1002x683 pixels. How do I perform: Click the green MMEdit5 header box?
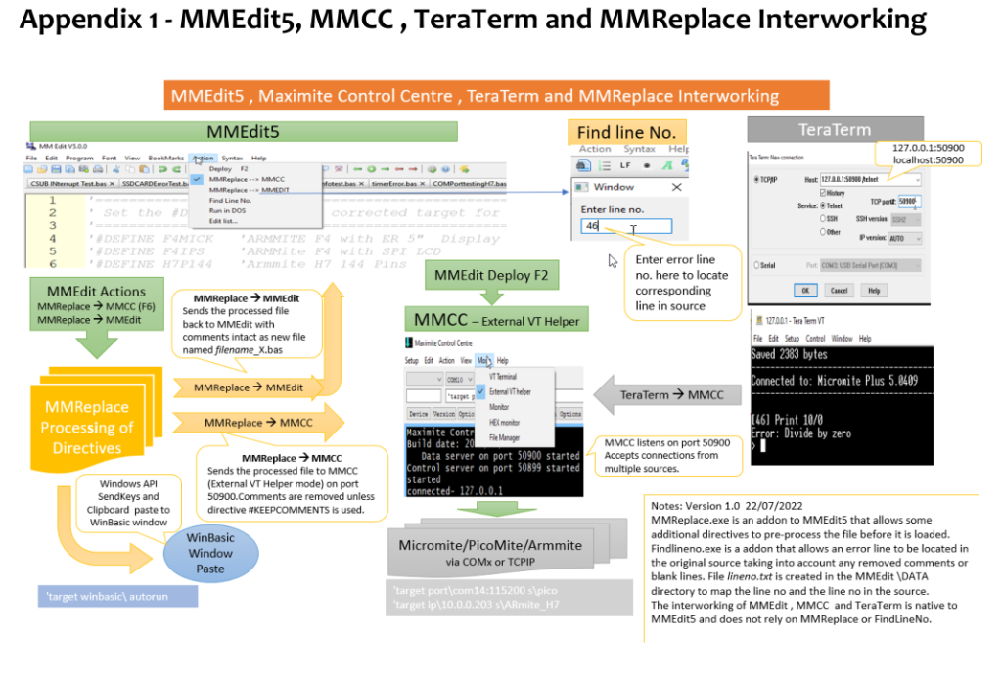(x=244, y=131)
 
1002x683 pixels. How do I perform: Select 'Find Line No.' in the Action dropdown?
(x=231, y=200)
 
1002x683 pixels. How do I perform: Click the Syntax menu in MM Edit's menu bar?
(x=232, y=158)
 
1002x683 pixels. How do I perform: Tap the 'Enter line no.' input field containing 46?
(x=626, y=226)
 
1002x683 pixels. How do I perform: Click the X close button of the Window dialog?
(x=675, y=187)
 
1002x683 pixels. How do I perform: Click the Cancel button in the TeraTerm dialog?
(x=840, y=291)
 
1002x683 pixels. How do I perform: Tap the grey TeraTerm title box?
(x=834, y=129)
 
